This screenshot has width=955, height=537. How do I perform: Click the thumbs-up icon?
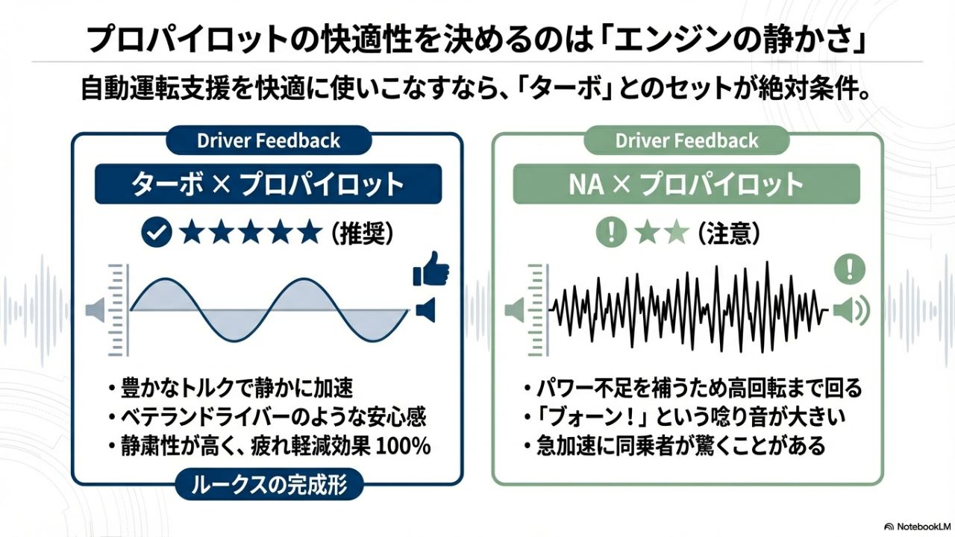(431, 269)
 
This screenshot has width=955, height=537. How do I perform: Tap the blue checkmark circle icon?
(157, 233)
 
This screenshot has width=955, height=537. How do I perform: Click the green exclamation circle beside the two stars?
(611, 233)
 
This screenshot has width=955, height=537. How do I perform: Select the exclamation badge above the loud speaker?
(849, 269)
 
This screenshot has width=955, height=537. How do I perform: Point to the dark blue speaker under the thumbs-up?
(425, 310)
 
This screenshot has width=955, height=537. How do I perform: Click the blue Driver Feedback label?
(269, 141)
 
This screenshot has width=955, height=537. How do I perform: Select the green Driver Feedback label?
(686, 141)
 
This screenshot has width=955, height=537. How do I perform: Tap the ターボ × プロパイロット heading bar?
(268, 184)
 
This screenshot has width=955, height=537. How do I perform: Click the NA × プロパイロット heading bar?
(686, 184)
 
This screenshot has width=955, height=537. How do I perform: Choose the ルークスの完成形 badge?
(269, 485)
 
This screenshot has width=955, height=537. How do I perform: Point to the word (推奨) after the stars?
(363, 233)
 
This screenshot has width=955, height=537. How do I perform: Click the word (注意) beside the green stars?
(729, 233)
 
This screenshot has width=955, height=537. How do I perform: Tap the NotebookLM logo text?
(921, 527)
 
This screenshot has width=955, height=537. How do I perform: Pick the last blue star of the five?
(309, 232)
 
